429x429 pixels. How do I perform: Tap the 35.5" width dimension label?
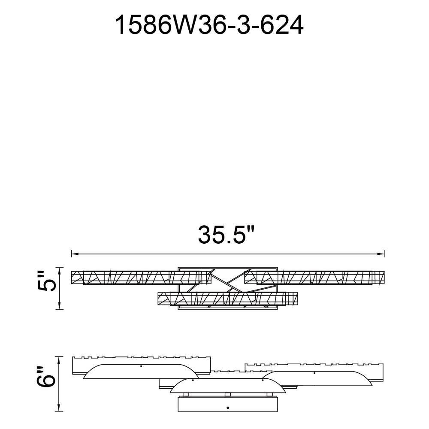coord(226,235)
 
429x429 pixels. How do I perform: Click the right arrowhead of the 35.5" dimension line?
coord(381,254)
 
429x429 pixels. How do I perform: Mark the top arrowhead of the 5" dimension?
coord(59,271)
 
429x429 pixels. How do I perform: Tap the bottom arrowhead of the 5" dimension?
coord(59,306)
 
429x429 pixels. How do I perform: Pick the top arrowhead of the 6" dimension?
coord(59,360)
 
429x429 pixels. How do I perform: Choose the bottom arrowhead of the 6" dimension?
coord(59,408)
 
